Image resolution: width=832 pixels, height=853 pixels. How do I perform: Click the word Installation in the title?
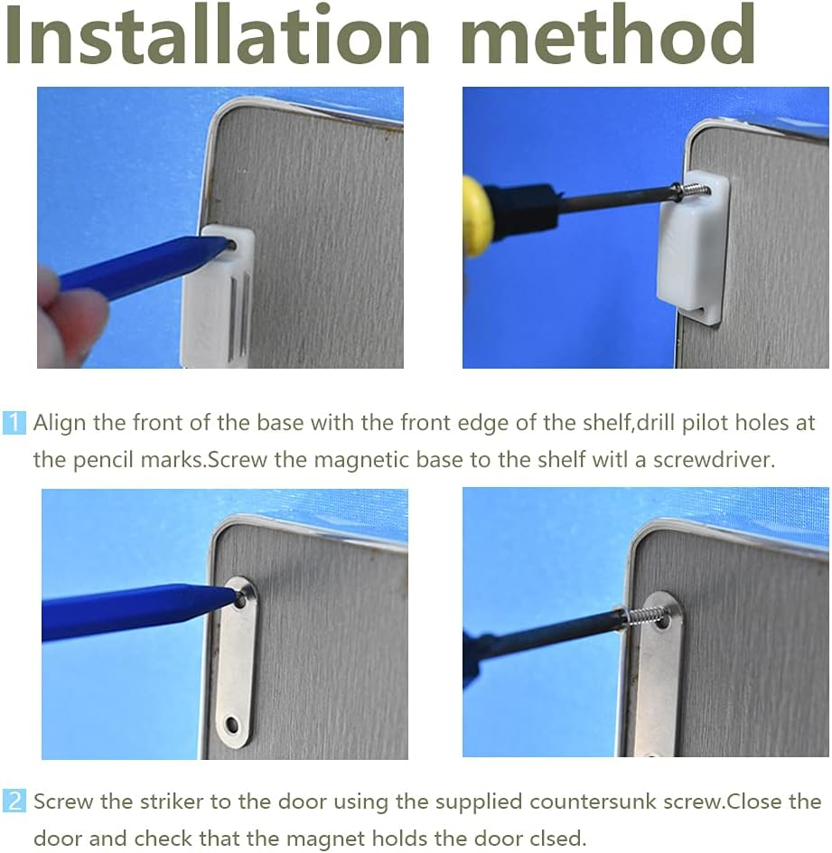[x=218, y=34]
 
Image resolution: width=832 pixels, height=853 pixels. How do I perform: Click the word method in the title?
[x=609, y=34]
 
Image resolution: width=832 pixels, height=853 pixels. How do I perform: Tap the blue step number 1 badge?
[x=14, y=423]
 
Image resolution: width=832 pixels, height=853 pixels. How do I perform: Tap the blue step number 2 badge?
[x=14, y=801]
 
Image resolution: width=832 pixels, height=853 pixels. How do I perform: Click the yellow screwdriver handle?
[x=475, y=216]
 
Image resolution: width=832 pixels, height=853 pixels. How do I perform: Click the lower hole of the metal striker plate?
[x=232, y=725]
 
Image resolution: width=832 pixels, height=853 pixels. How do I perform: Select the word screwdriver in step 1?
[x=714, y=460]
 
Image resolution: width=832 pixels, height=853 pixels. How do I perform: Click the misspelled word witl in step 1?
[x=612, y=460]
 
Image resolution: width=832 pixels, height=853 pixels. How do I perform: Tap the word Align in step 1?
[x=60, y=423]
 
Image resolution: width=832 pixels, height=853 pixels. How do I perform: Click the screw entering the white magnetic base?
[x=694, y=192]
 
